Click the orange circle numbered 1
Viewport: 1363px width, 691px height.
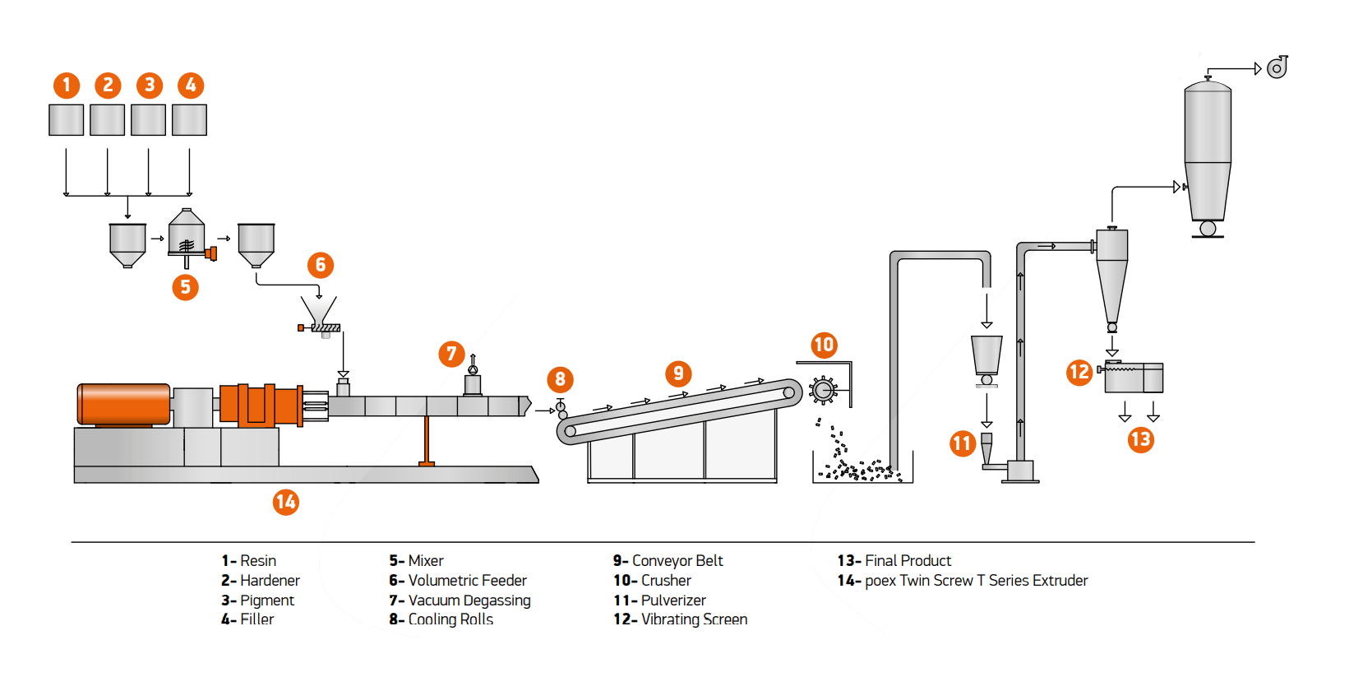(67, 85)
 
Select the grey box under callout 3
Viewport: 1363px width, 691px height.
(148, 120)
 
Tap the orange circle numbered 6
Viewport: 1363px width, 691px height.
(321, 265)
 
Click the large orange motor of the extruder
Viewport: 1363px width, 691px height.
(123, 404)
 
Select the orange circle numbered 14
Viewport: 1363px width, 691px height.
(285, 502)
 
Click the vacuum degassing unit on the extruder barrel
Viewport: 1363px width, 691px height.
(473, 383)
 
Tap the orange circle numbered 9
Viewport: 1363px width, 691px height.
(678, 373)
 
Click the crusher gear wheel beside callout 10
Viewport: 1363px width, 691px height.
(823, 390)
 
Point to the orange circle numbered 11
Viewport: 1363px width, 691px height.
(963, 444)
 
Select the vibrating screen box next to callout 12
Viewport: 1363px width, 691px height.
(1134, 378)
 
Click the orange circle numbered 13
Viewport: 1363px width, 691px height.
(1140, 439)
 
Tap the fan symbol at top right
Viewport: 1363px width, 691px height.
(1277, 68)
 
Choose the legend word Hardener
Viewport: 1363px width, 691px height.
(270, 581)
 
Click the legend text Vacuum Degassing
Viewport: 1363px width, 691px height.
(469, 601)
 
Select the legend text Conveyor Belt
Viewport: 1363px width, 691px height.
(677, 561)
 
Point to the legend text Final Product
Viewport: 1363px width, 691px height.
(908, 561)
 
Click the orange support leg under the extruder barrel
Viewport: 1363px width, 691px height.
(426, 440)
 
